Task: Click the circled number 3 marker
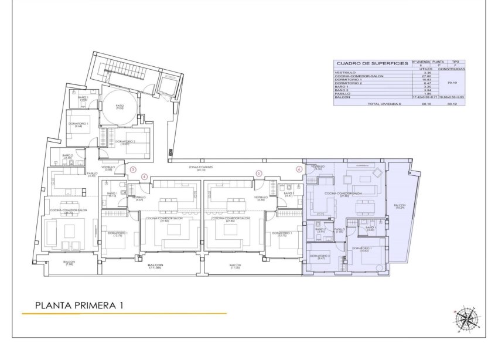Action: click(x=133, y=169)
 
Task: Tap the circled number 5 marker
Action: click(x=258, y=173)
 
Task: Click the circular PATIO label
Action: click(x=119, y=107)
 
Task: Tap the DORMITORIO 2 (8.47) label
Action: click(x=319, y=257)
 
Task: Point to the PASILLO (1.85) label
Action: click(x=340, y=230)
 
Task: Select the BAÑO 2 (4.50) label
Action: click(x=67, y=157)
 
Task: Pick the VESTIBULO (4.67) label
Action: click(x=138, y=199)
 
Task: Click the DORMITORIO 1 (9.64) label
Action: click(x=79, y=124)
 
